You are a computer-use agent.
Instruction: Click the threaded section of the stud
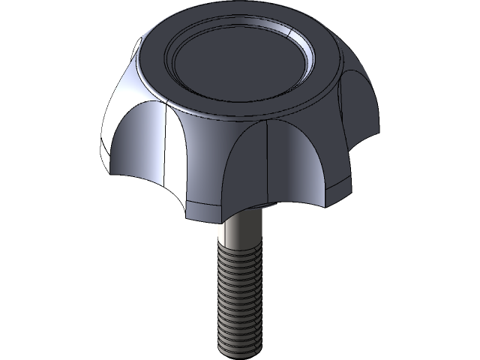point(240,300)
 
